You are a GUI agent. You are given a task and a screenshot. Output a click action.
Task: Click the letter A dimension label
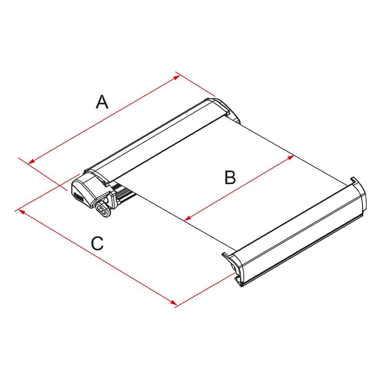(102, 102)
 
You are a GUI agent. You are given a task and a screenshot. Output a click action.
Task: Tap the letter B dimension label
(230, 177)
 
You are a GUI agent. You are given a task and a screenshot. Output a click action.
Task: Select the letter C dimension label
(97, 243)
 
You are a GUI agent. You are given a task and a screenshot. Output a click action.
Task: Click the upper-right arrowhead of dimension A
(177, 77)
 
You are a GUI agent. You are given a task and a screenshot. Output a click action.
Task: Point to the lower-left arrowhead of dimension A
(31, 161)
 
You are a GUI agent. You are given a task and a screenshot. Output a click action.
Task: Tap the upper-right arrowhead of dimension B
(291, 158)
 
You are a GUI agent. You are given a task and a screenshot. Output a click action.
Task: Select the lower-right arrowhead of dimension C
(173, 303)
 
